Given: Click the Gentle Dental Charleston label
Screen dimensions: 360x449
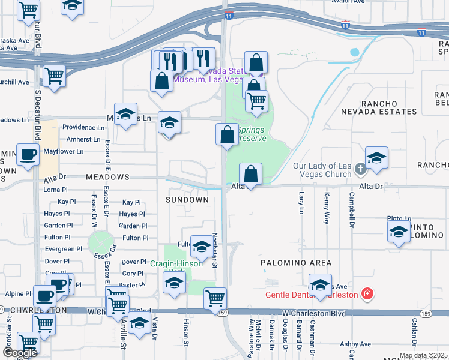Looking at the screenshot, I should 312,295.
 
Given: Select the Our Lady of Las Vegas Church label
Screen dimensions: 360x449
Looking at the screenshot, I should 322,170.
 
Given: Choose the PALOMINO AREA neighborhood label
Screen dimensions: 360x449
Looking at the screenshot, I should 296,263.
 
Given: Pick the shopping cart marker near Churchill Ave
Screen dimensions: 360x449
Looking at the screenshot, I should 54,76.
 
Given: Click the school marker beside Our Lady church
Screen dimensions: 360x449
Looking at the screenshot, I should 376,158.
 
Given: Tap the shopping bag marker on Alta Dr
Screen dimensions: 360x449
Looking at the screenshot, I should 251,175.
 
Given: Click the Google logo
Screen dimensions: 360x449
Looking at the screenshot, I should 20,353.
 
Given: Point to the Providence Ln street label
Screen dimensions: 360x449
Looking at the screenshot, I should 83,127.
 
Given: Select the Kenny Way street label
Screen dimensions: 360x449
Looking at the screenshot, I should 327,208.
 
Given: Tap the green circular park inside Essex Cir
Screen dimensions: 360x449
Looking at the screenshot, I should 100,242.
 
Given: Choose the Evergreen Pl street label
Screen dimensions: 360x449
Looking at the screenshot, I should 63,249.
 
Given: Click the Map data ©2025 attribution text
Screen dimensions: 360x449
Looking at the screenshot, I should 423,355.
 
